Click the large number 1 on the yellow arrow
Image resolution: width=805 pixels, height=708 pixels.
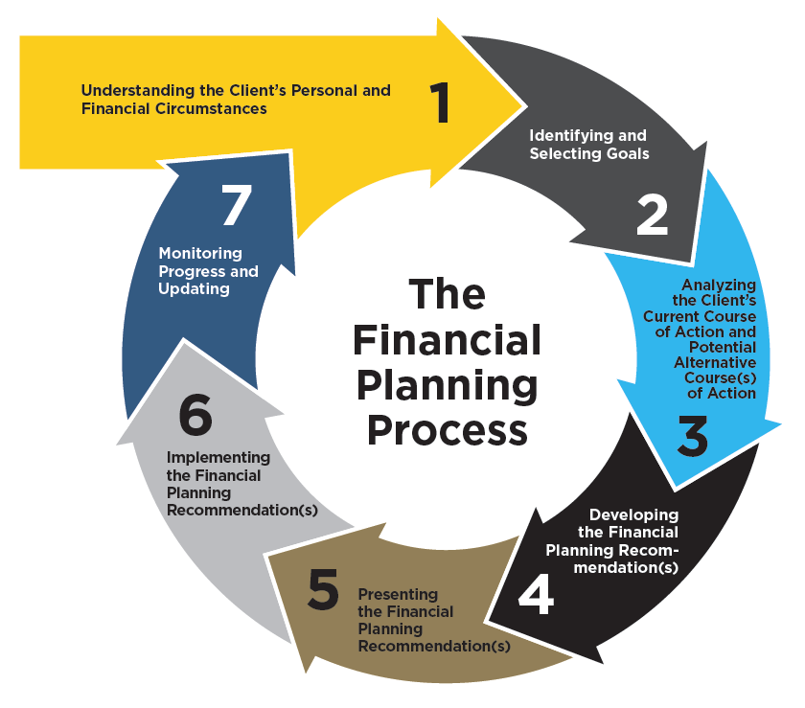click(x=440, y=103)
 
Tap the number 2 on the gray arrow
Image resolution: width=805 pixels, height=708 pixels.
click(x=652, y=216)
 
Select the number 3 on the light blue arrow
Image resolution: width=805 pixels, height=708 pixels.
click(x=693, y=436)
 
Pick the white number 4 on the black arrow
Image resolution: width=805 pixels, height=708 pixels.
click(x=536, y=594)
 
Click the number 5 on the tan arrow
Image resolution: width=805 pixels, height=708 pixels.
click(x=323, y=589)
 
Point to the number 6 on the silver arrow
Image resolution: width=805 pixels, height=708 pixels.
click(x=195, y=415)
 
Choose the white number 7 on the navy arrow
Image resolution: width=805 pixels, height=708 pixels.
click(x=237, y=205)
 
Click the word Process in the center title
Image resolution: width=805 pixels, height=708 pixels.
click(x=448, y=431)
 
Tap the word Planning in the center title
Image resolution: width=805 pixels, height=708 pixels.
click(x=448, y=386)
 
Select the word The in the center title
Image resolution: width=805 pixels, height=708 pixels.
click(x=448, y=294)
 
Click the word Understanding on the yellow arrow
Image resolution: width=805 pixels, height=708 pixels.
click(x=138, y=91)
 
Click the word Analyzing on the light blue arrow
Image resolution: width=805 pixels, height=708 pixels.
click(x=719, y=285)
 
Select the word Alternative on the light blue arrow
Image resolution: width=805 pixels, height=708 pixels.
click(x=715, y=362)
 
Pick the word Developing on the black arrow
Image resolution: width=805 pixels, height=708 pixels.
click(x=634, y=515)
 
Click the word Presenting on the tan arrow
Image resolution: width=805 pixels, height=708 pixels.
click(x=398, y=595)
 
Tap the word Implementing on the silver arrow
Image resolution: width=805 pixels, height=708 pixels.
click(x=218, y=458)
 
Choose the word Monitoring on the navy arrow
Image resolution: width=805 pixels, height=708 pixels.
click(x=200, y=254)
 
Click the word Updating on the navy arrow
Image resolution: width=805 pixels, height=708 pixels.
click(x=194, y=289)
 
